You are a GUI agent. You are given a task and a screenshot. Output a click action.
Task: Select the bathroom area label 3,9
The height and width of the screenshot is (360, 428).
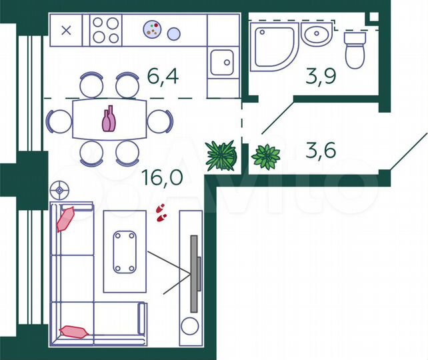(x=320, y=77)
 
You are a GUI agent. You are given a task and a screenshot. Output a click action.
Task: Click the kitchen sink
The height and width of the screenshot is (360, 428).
(x=221, y=63)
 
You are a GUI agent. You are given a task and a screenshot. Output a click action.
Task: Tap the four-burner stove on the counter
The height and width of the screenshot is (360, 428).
(x=106, y=30)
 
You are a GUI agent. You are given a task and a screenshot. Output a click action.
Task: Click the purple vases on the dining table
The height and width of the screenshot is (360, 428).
(x=109, y=119)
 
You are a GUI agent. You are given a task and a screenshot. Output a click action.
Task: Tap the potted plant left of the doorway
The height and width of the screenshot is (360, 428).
(x=221, y=155)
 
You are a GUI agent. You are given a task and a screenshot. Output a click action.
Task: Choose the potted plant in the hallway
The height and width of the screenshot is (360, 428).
(x=266, y=157)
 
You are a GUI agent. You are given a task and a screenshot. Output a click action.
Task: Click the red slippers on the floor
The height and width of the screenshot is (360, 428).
(x=160, y=212)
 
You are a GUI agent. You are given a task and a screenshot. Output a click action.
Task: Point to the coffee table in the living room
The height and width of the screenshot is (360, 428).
(x=125, y=251)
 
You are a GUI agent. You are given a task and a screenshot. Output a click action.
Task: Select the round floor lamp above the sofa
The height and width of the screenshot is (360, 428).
(x=61, y=190)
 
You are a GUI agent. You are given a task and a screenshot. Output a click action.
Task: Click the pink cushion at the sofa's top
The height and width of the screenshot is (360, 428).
(x=67, y=219)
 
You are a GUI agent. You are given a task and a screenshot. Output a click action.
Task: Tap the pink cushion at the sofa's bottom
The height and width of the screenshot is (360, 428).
(x=73, y=331)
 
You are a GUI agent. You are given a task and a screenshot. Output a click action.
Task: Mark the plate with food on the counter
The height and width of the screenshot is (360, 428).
(x=153, y=29)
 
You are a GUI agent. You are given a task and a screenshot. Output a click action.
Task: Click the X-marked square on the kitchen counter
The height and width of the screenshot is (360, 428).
(x=66, y=30)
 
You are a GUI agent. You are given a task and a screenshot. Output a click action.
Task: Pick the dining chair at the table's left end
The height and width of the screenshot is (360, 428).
(x=58, y=121)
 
